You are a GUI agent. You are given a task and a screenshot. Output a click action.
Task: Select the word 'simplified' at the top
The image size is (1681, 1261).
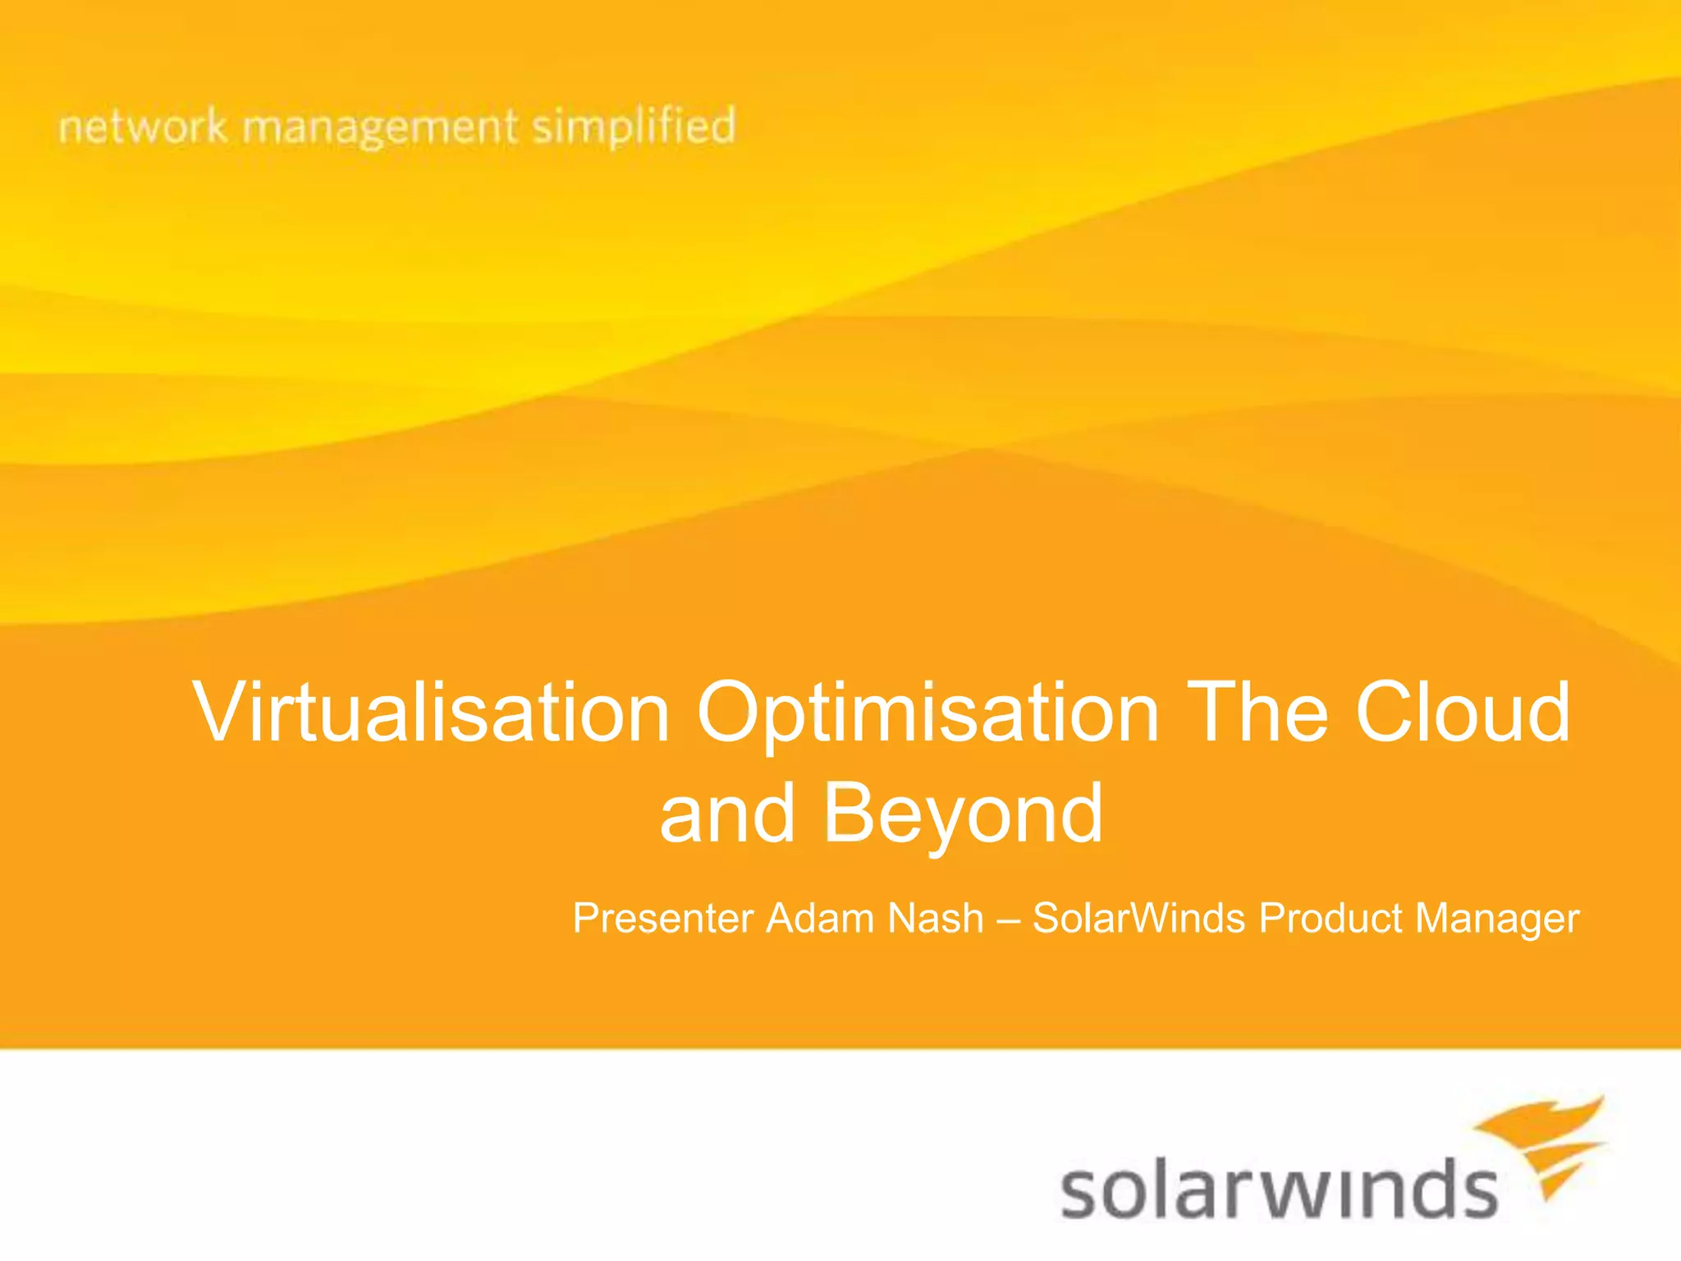pos(634,127)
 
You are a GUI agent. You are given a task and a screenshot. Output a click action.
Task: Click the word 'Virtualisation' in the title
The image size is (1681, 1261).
pos(431,713)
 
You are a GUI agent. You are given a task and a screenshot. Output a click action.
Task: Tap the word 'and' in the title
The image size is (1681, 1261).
pos(727,814)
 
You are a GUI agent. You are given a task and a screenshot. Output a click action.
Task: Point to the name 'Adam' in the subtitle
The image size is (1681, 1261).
pos(820,918)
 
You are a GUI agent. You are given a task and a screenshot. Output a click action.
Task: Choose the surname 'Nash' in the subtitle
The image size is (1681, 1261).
pos(936,918)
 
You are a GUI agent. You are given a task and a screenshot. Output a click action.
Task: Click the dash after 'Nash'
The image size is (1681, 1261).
pos(1008,919)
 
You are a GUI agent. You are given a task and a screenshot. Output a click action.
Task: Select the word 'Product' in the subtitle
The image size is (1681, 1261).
pos(1331,918)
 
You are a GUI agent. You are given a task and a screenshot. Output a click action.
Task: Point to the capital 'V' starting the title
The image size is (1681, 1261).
pos(218,713)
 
